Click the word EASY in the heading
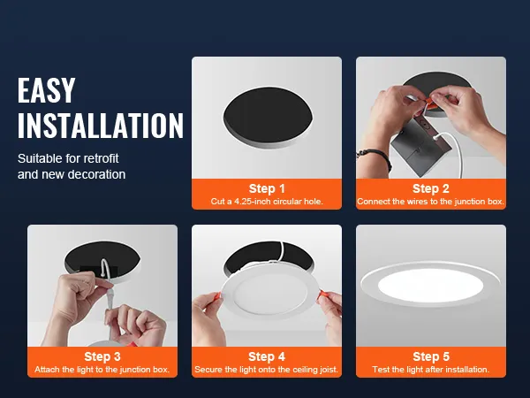(x=47, y=91)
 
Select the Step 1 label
(x=267, y=188)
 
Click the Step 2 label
(x=430, y=188)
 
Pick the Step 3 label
(x=102, y=356)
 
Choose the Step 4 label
(x=267, y=356)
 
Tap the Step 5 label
(x=430, y=356)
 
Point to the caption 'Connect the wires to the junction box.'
(x=430, y=202)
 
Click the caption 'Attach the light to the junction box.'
(x=102, y=369)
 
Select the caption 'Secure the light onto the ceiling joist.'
(x=267, y=369)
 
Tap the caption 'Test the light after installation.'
(x=430, y=369)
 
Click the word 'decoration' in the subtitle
(x=87, y=174)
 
